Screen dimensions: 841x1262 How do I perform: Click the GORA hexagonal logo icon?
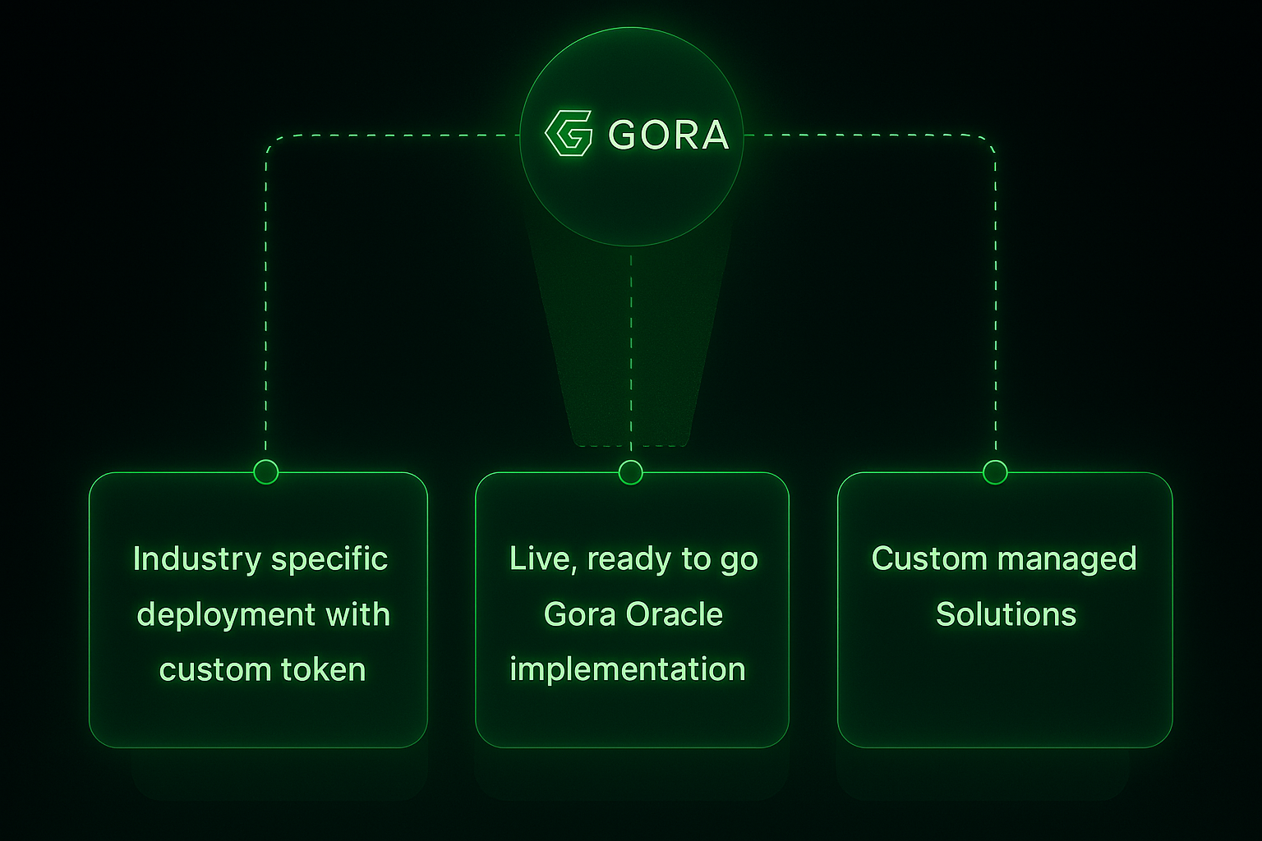569,133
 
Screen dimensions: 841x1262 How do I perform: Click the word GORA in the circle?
668,135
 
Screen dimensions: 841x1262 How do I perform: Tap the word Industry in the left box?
196,559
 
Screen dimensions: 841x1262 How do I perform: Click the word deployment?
226,615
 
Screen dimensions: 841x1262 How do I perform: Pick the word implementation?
628,669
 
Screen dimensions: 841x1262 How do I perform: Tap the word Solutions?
1006,614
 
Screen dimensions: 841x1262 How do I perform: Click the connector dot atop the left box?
265,472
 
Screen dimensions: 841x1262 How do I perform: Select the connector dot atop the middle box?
630,472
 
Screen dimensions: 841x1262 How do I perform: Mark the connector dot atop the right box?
995,472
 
